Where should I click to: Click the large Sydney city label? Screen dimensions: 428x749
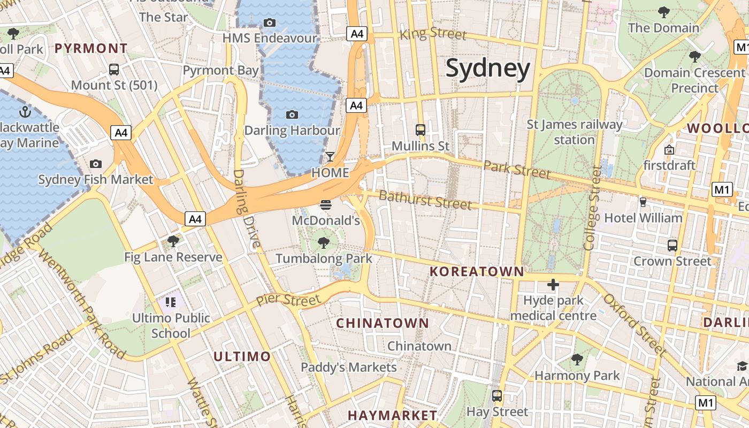coord(487,68)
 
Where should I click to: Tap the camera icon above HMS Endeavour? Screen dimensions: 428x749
coord(270,22)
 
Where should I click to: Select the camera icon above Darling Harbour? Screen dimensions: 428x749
coord(292,114)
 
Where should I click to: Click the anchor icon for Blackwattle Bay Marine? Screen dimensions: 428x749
coord(25,112)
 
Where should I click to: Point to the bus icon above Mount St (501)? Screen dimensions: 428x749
coord(113,70)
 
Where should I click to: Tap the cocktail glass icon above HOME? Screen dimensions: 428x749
coord(330,157)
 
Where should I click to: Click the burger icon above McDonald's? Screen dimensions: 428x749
coord(325,204)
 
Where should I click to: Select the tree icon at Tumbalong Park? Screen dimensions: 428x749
coord(323,243)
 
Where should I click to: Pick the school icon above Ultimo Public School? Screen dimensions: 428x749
coord(171,302)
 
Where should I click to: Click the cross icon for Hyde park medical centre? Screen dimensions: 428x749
coord(553,284)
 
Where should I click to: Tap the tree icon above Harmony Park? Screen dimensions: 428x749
coord(577,360)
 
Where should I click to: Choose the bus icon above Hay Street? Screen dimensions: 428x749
coord(497,396)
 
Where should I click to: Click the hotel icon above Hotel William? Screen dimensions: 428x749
coord(643,202)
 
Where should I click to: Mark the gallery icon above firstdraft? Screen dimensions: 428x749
coord(669,149)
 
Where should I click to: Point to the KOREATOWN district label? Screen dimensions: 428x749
coord(477,271)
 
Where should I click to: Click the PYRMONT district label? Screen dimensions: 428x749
coord(91,49)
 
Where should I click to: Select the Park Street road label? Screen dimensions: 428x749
coord(516,170)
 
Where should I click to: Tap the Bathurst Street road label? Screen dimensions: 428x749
coord(425,200)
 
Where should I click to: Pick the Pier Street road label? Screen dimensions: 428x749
coord(288,299)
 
